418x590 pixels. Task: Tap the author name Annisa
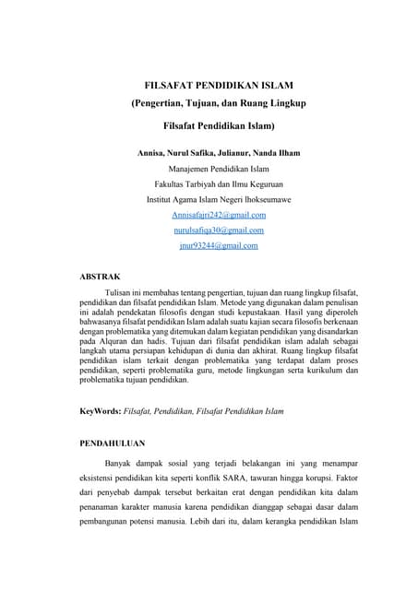(x=152, y=152)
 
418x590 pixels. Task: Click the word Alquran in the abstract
(x=116, y=339)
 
